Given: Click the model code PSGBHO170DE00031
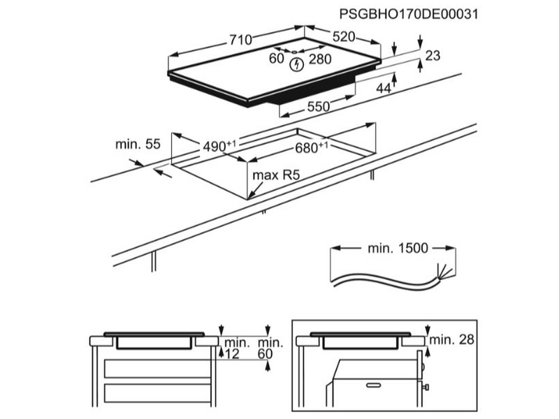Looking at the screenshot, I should pos(412,14).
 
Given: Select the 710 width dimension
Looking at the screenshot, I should pos(239,41).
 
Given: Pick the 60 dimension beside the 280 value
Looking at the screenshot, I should pos(276,59).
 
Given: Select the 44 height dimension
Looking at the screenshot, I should pos(383,88).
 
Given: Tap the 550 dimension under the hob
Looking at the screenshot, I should pos(318,108).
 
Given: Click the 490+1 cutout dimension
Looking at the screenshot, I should pos(219,146).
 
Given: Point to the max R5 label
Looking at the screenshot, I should pos(276,177).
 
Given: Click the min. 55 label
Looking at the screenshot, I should pos(138,145).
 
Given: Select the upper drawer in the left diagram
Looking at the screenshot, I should pos(158,367).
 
